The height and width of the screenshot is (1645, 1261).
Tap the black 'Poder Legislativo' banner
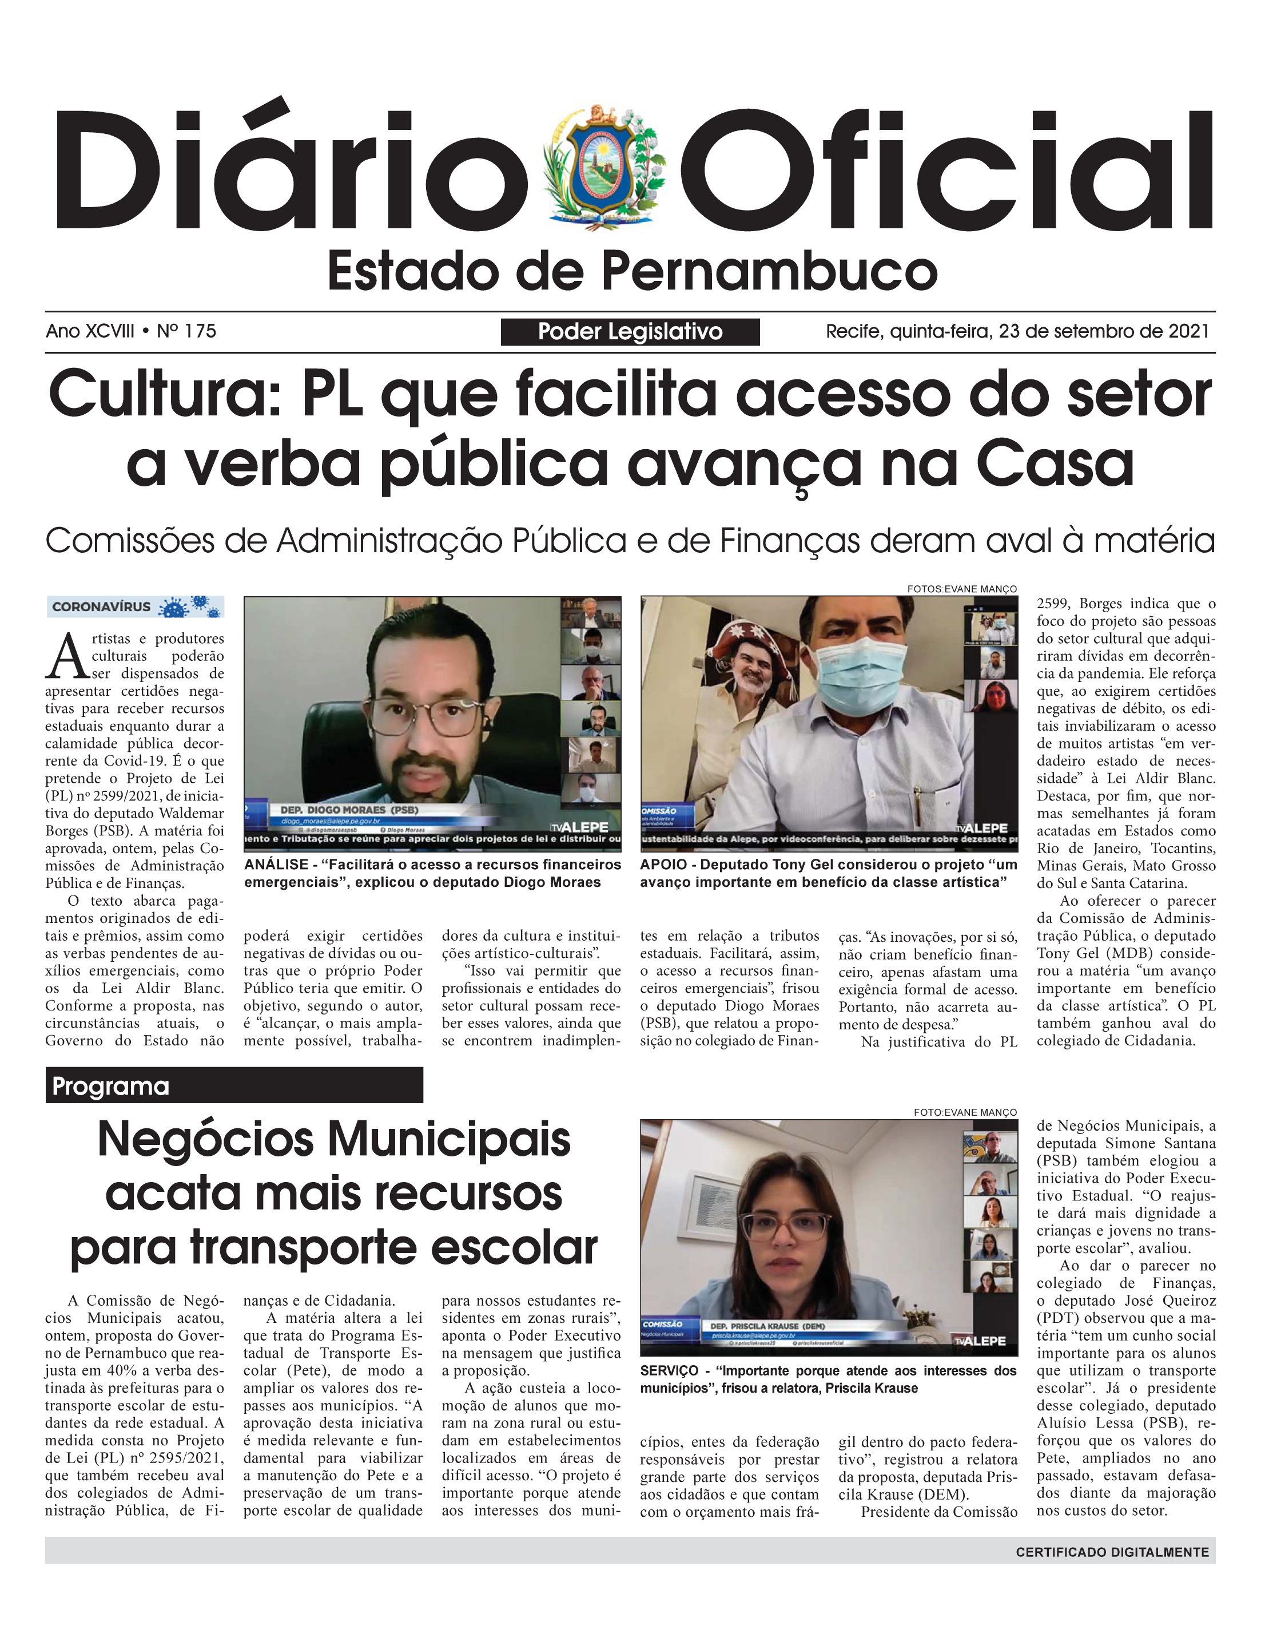click(630, 331)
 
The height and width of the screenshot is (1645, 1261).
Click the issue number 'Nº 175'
click(186, 331)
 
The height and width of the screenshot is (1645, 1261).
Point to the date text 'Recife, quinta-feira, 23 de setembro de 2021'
click(1017, 331)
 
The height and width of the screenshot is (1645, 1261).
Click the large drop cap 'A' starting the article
click(67, 656)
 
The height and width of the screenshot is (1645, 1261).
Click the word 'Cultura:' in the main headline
click(164, 396)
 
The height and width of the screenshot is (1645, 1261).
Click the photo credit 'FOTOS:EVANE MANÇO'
click(961, 589)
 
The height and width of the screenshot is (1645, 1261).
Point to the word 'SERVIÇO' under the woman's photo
click(669, 1371)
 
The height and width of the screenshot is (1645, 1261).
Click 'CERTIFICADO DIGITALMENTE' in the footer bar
click(1112, 1552)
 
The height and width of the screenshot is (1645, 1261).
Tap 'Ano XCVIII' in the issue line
click(90, 331)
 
